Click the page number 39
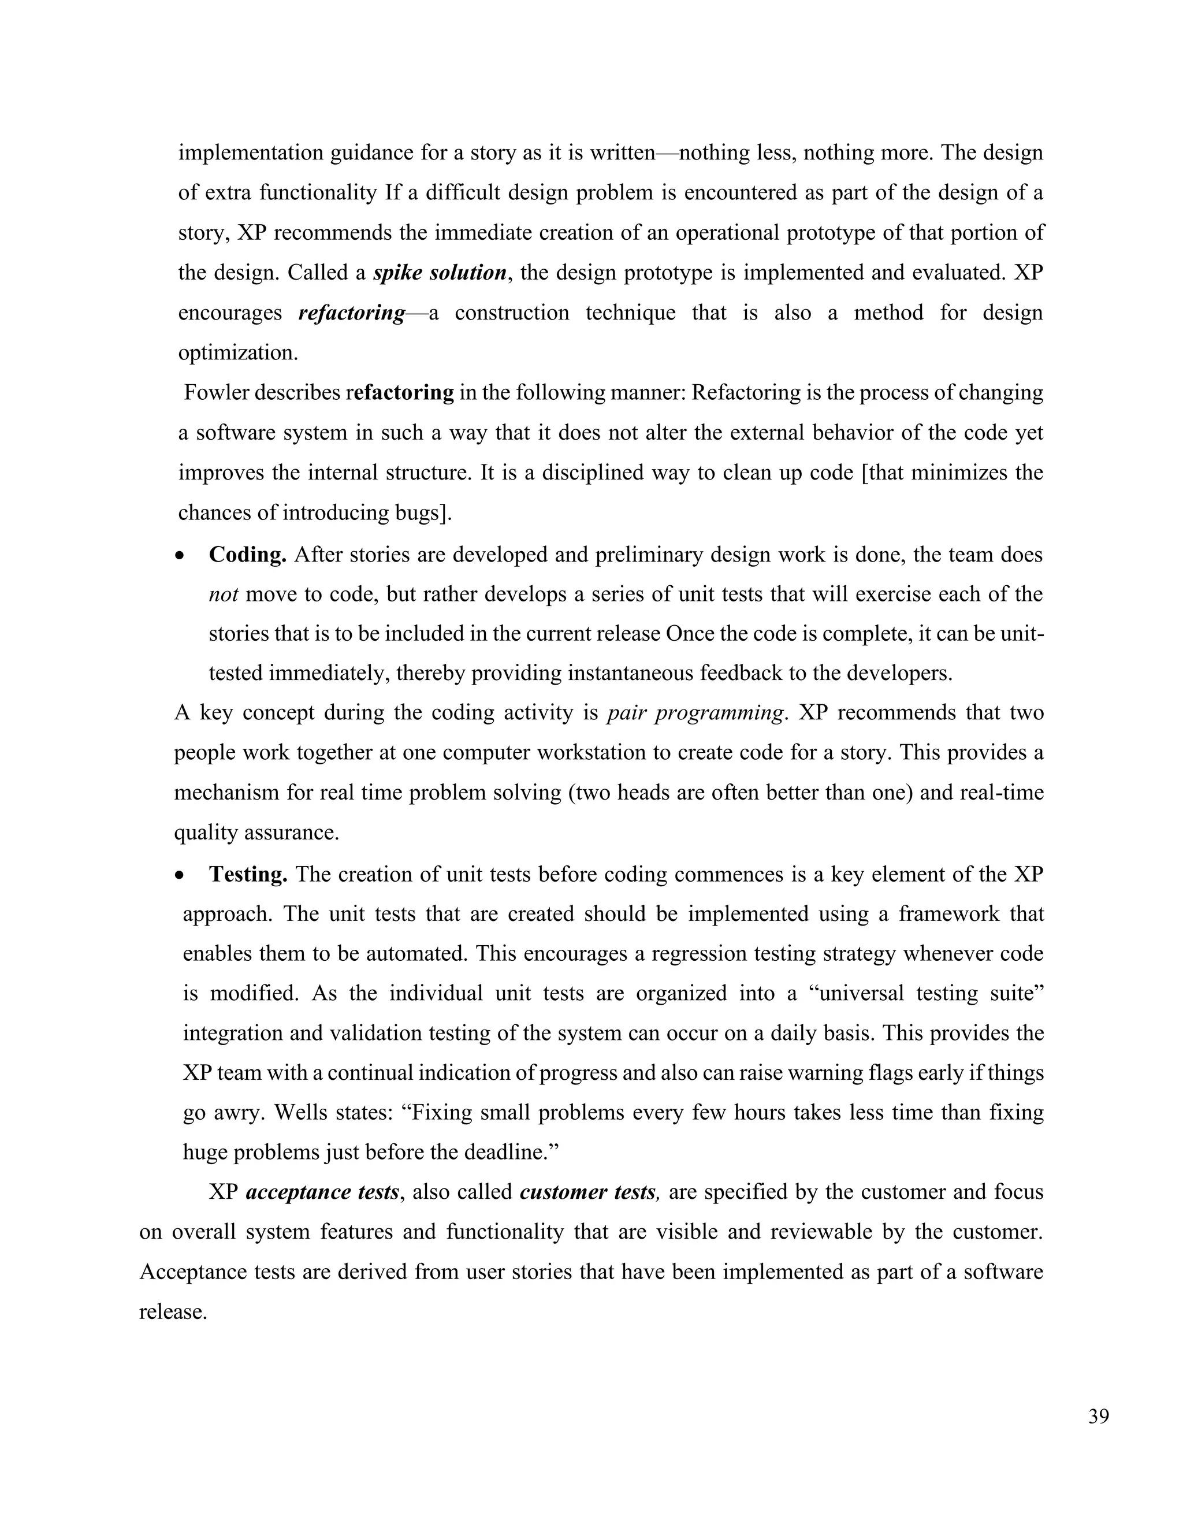tap(1098, 1417)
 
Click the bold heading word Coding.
tap(247, 555)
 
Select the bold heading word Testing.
tap(248, 874)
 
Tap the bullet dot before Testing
tap(181, 875)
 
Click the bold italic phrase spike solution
tap(440, 273)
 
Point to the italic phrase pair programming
tap(694, 713)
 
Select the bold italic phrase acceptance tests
tap(322, 1192)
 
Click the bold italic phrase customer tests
tap(588, 1192)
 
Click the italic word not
tap(223, 594)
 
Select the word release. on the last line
tap(172, 1311)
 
